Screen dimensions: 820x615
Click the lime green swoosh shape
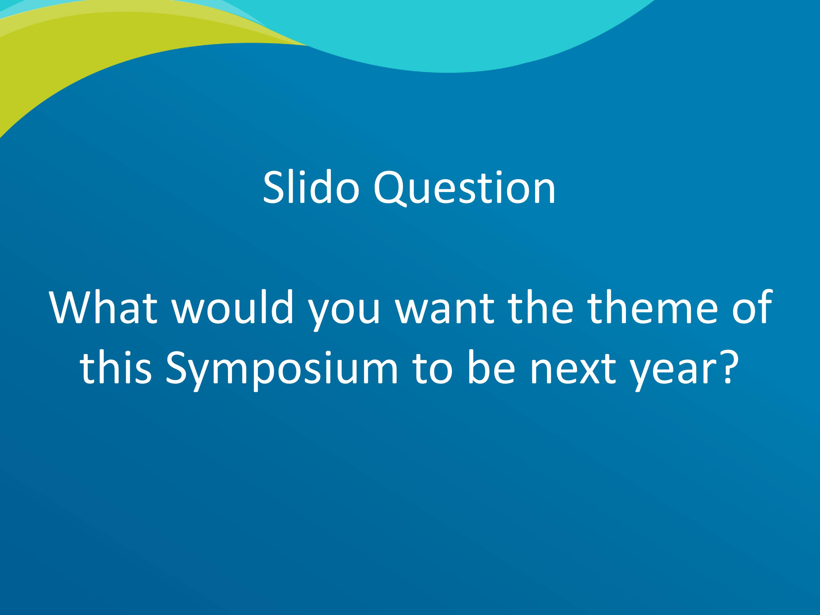(93, 55)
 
